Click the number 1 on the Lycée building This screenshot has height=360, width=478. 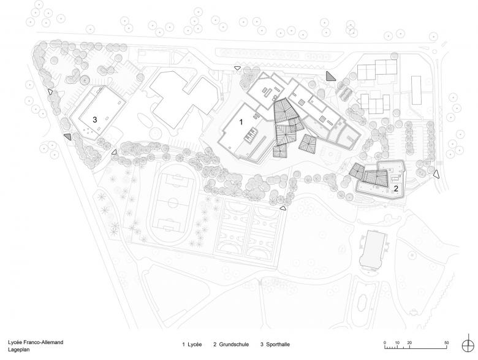click(241, 122)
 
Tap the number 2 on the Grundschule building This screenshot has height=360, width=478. click(396, 188)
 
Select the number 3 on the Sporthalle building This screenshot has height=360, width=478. click(95, 120)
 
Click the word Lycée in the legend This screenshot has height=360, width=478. click(195, 345)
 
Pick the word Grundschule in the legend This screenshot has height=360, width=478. click(234, 345)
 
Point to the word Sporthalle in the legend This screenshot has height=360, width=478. click(278, 345)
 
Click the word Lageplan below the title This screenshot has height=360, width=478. click(19, 350)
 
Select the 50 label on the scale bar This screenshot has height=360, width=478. click(447, 343)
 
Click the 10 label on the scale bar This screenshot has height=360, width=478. click(397, 343)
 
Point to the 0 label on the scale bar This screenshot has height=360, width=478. click(385, 343)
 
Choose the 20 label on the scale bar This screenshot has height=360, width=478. click(409, 343)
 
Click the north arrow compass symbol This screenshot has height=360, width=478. click(468, 346)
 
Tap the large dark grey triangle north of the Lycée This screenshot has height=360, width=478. click(330, 76)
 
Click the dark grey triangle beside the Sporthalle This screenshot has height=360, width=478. click(68, 137)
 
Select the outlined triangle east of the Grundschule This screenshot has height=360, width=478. click(436, 174)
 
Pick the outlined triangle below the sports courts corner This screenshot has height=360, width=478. click(283, 208)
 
